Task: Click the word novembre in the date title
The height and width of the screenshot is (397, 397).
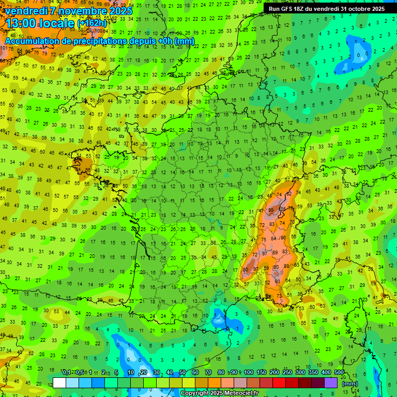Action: [83, 11]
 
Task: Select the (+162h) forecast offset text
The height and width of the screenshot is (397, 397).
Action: [91, 23]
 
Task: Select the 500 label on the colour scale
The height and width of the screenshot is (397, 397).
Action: [339, 373]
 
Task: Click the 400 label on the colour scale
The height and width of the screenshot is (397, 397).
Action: [326, 373]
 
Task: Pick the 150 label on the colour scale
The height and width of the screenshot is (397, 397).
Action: [262, 373]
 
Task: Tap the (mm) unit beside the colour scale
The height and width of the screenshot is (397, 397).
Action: [350, 384]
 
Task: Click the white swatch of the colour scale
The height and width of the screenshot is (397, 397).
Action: [59, 383]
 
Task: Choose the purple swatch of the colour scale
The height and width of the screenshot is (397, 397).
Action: [331, 383]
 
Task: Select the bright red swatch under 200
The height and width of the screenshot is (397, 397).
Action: [279, 383]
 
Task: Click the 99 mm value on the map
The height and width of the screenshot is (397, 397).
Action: [271, 211]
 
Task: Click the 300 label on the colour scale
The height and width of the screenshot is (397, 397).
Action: [300, 373]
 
